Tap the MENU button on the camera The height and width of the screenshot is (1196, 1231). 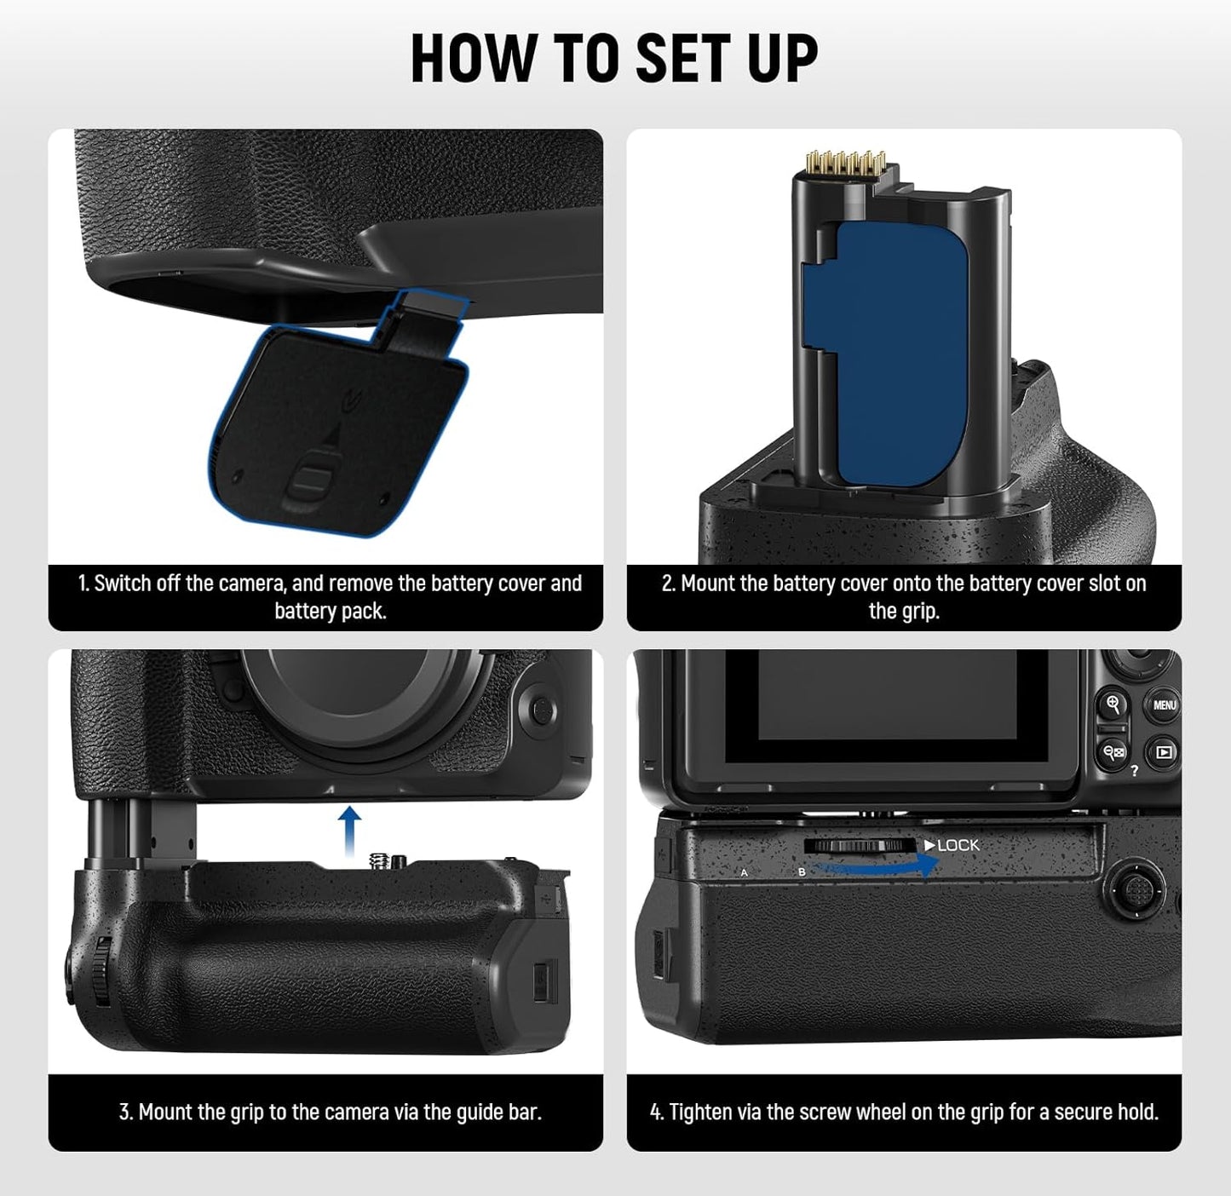(1164, 705)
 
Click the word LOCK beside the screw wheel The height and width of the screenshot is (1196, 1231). (958, 845)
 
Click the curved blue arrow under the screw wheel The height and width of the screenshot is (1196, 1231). (877, 866)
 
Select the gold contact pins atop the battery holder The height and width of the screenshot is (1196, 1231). (830, 163)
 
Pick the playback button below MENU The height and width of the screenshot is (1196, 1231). (1164, 752)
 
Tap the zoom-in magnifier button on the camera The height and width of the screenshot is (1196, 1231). (1113, 704)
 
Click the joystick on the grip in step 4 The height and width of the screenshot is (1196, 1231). (1135, 889)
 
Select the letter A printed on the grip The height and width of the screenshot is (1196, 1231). (744, 873)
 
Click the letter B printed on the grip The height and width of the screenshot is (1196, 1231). (802, 873)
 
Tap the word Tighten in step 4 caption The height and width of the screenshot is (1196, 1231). (702, 1112)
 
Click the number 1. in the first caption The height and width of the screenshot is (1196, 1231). (83, 584)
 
